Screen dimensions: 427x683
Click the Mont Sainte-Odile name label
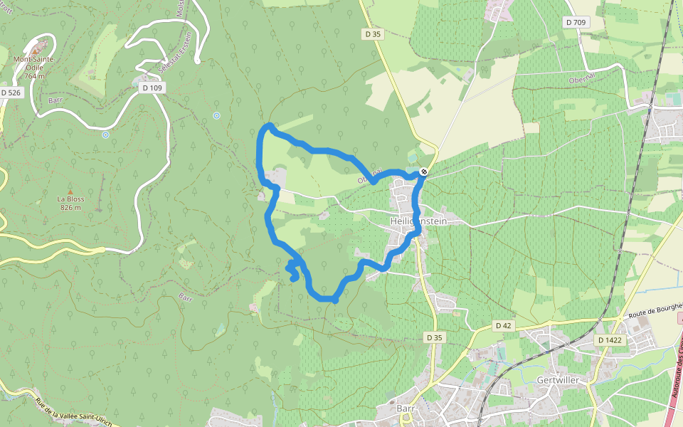(x=34, y=64)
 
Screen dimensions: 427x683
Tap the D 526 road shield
(x=11, y=93)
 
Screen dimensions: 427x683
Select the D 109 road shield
(x=152, y=88)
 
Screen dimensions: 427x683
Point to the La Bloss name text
(x=70, y=199)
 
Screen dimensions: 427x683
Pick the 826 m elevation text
(x=70, y=208)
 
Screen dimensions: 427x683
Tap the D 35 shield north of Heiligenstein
(x=374, y=33)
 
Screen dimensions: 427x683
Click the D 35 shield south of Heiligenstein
(x=435, y=337)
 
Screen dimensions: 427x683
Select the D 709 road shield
(x=576, y=22)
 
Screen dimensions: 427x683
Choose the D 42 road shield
(x=504, y=326)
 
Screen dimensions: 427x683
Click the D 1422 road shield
(x=610, y=340)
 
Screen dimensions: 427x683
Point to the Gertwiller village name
(x=560, y=380)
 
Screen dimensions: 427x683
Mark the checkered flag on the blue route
(x=424, y=172)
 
